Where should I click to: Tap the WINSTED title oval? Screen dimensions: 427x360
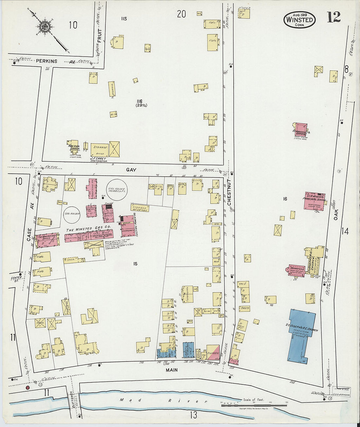[299, 19]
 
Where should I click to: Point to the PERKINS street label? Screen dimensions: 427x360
[46, 61]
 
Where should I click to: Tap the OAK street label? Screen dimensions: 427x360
[336, 213]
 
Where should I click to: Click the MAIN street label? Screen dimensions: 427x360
[171, 370]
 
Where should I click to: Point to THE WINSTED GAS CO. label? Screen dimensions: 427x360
[88, 230]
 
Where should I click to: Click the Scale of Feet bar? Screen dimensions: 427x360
[249, 405]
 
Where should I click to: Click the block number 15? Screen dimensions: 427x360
[135, 263]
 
